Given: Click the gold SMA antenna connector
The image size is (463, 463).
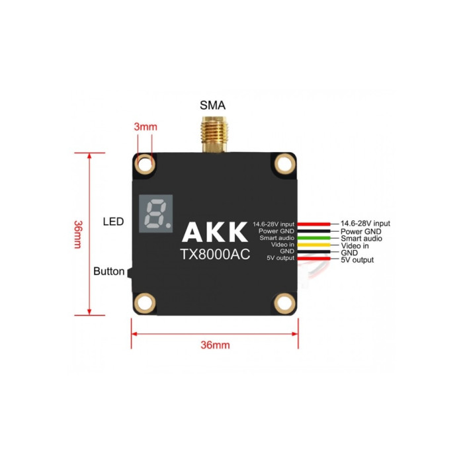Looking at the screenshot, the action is [214, 135].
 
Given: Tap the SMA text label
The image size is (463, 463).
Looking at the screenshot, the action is [212, 105].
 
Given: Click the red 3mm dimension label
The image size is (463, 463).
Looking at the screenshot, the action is [146, 127].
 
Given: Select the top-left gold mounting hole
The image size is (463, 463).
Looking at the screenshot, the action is [145, 164].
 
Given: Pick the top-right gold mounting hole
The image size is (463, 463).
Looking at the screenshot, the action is [284, 164].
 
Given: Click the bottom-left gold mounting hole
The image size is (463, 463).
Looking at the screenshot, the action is [145, 303].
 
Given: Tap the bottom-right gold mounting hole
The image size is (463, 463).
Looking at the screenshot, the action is [284, 303].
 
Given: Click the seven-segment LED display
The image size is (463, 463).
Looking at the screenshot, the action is [156, 214].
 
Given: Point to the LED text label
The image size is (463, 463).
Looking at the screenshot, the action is [113, 222].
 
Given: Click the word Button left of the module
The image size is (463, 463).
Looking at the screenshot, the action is [108, 271].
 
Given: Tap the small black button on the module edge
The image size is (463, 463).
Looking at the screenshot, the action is [130, 273].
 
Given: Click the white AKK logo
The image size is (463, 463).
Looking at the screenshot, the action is [215, 232].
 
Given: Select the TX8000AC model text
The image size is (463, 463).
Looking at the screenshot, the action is [215, 255].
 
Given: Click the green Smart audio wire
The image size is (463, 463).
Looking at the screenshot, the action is [314, 238].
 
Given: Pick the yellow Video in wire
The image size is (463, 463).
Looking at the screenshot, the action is [314, 245].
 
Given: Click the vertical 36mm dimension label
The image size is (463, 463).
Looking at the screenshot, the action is [78, 234].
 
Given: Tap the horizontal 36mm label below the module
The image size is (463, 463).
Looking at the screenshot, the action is [215, 345].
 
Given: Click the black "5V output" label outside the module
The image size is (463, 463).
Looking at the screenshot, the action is [357, 260].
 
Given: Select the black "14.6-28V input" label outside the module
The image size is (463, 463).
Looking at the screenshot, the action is [365, 224].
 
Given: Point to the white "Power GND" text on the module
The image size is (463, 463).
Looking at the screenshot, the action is [276, 231].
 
